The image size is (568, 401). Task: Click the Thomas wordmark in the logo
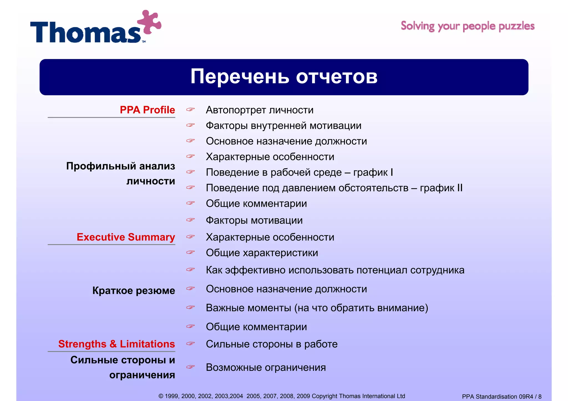pos(86,32)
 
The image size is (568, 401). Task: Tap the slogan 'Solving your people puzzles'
pos(468,26)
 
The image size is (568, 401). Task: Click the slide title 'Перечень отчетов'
pos(284,77)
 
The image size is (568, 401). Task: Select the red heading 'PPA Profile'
pos(147,110)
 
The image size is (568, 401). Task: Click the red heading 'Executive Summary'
pos(126,237)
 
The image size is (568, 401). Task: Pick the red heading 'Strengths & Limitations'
pos(116,344)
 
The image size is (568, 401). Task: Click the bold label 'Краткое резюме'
pos(133,291)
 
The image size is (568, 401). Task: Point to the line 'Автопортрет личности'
pos(260,110)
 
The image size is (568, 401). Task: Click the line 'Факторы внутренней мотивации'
pos(283,126)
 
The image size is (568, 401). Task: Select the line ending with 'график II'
pos(334,188)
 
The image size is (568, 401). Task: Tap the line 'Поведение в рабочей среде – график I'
pos(299,173)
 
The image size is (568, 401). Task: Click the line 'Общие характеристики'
pos(262,253)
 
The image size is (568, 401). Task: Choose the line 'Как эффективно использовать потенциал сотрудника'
pos(335,270)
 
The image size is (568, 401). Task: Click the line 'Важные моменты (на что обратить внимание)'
pos(317,308)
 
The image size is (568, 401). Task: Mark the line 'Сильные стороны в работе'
pos(272,344)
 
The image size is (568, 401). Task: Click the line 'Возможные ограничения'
pos(266,367)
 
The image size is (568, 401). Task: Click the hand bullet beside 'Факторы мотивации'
pos(191,220)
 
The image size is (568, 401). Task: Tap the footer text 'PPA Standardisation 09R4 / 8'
pos(501,397)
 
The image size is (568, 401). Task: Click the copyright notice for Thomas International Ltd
pos(282,396)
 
